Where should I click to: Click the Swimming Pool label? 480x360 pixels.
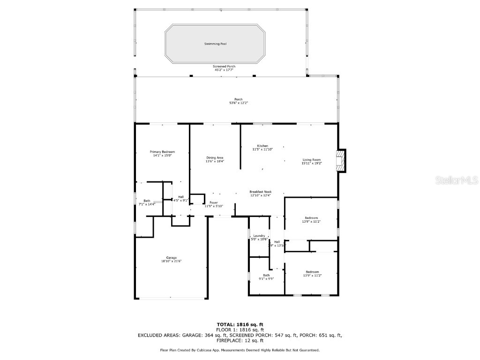pyautogui.click(x=215, y=44)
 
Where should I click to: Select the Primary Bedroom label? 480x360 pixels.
pyautogui.click(x=162, y=152)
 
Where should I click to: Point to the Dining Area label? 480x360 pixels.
pyautogui.click(x=215, y=157)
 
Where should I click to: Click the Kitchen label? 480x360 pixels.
pyautogui.click(x=262, y=146)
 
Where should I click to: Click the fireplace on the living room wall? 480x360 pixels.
pyautogui.click(x=343, y=161)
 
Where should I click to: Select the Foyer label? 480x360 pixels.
pyautogui.click(x=214, y=202)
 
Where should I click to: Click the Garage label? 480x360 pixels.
pyautogui.click(x=171, y=257)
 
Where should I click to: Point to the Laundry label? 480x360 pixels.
pyautogui.click(x=259, y=236)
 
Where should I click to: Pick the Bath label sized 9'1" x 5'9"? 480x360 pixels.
pyautogui.click(x=266, y=275)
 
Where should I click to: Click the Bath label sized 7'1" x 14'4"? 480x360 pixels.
pyautogui.click(x=147, y=201)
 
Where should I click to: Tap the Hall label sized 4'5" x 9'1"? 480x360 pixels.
pyautogui.click(x=180, y=197)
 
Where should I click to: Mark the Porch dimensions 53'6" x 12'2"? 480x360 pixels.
pyautogui.click(x=239, y=103)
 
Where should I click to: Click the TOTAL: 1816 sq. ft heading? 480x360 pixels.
pyautogui.click(x=240, y=324)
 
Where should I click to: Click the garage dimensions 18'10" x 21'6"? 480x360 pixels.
pyautogui.click(x=171, y=261)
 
